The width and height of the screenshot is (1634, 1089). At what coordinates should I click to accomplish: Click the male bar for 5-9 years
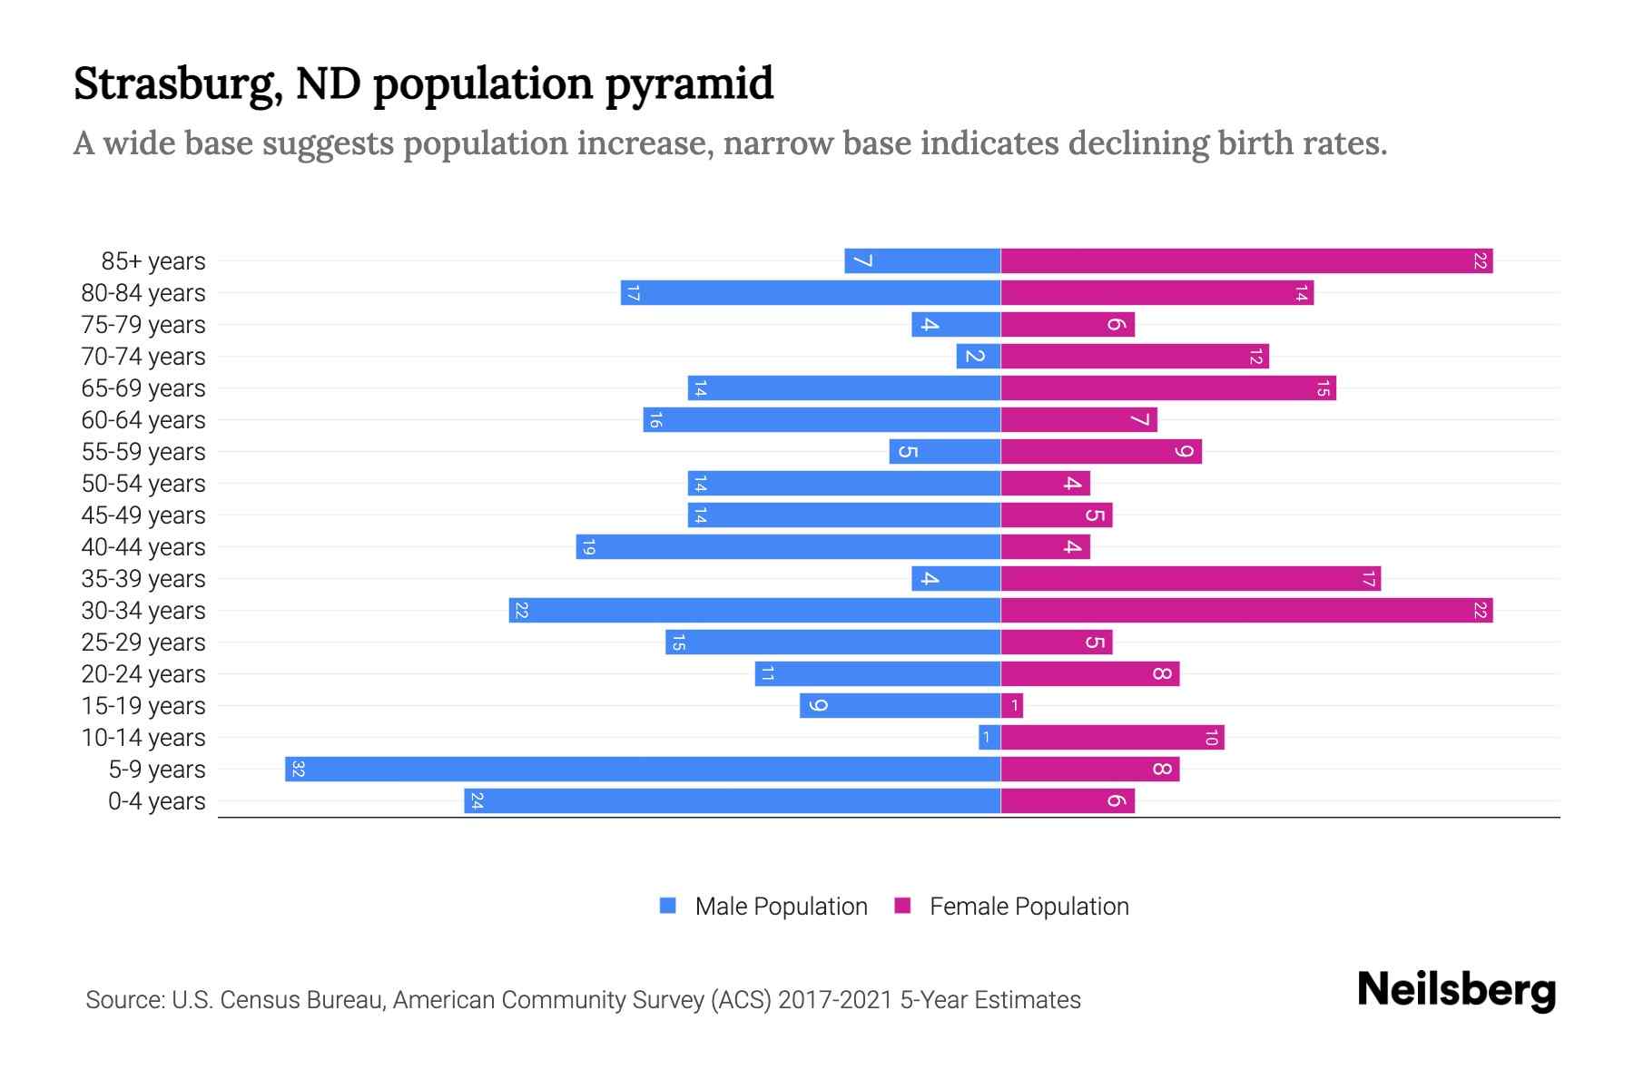[x=643, y=769]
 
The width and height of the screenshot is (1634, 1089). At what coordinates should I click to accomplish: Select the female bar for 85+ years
[x=1246, y=261]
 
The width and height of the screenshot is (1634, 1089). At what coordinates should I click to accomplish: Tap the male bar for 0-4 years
[x=732, y=800]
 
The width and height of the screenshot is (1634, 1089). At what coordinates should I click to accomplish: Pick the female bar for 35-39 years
[x=1190, y=579]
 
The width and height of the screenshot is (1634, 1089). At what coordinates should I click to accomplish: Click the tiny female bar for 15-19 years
[x=1012, y=706]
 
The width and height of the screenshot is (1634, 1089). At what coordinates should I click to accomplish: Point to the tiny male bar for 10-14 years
[x=989, y=738]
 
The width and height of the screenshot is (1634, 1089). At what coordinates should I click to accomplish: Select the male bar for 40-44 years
[x=788, y=547]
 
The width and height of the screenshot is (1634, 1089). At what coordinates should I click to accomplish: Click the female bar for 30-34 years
[x=1246, y=611]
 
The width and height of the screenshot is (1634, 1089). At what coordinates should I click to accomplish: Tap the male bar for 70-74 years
[x=979, y=357]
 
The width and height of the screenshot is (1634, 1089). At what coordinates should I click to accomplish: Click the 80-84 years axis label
[x=143, y=293]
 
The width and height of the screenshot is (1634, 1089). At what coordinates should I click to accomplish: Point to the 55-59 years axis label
[x=143, y=452]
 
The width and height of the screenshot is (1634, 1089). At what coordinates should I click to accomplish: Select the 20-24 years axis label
[x=143, y=674]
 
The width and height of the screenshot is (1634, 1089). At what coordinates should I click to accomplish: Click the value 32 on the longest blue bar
[x=298, y=770]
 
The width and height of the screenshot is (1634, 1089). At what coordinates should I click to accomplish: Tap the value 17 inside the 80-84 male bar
[x=634, y=293]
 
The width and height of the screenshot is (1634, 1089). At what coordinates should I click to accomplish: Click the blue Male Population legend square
[x=668, y=906]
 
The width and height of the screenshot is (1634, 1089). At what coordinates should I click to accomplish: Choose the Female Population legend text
[x=1029, y=907]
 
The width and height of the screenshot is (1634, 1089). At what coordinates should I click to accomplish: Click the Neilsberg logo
[x=1456, y=989]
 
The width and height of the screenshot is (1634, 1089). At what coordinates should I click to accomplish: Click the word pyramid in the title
[x=689, y=84]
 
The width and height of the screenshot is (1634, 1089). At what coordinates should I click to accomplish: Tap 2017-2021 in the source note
[x=835, y=1000]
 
